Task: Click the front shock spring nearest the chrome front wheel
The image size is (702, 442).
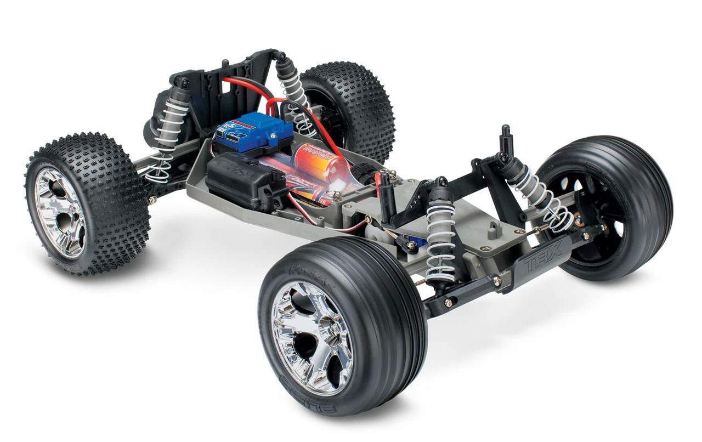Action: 441,236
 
